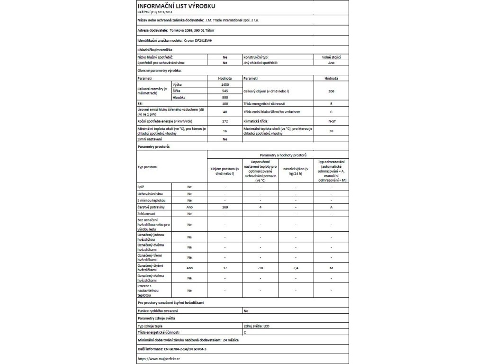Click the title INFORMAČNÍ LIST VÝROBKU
tap(176, 6)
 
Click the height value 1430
tap(225, 84)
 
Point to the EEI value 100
tap(225, 103)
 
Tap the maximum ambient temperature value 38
tap(331, 131)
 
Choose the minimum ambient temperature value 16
tap(225, 131)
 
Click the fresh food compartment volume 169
tap(225, 208)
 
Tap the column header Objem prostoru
tap(225, 171)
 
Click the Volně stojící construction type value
tap(331, 57)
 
